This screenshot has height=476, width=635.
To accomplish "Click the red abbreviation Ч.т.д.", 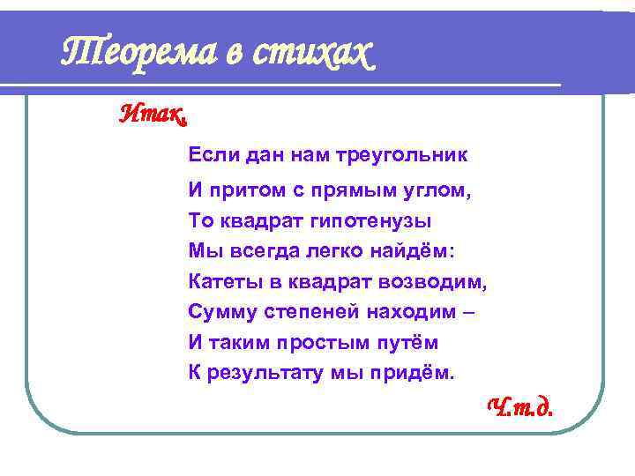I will coord(520,406).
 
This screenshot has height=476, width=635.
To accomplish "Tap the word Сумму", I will coord(218,311).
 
